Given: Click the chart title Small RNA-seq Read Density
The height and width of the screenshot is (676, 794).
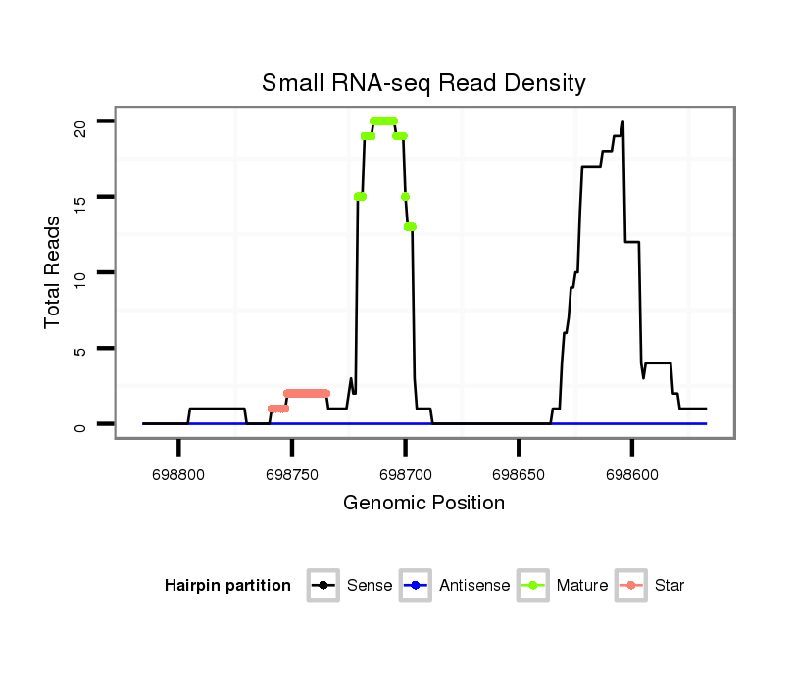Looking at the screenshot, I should point(423,83).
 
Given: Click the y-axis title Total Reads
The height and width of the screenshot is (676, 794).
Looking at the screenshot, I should point(54,272).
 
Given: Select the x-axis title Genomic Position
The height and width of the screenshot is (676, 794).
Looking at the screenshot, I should point(423,504).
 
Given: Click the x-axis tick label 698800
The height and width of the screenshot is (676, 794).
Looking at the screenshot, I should point(178,473).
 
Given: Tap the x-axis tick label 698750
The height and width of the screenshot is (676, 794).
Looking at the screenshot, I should point(292,473).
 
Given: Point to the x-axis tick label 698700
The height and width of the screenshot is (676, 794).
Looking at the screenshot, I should point(405,473).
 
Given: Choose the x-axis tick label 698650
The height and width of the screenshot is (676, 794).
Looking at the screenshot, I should point(519,473).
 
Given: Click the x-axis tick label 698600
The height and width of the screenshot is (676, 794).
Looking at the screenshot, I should point(631,473).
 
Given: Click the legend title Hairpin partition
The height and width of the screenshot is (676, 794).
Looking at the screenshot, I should point(227,586).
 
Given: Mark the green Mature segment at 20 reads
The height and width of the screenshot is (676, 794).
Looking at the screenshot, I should point(383,121).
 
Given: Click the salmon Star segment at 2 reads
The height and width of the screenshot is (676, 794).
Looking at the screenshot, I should point(307,393).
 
